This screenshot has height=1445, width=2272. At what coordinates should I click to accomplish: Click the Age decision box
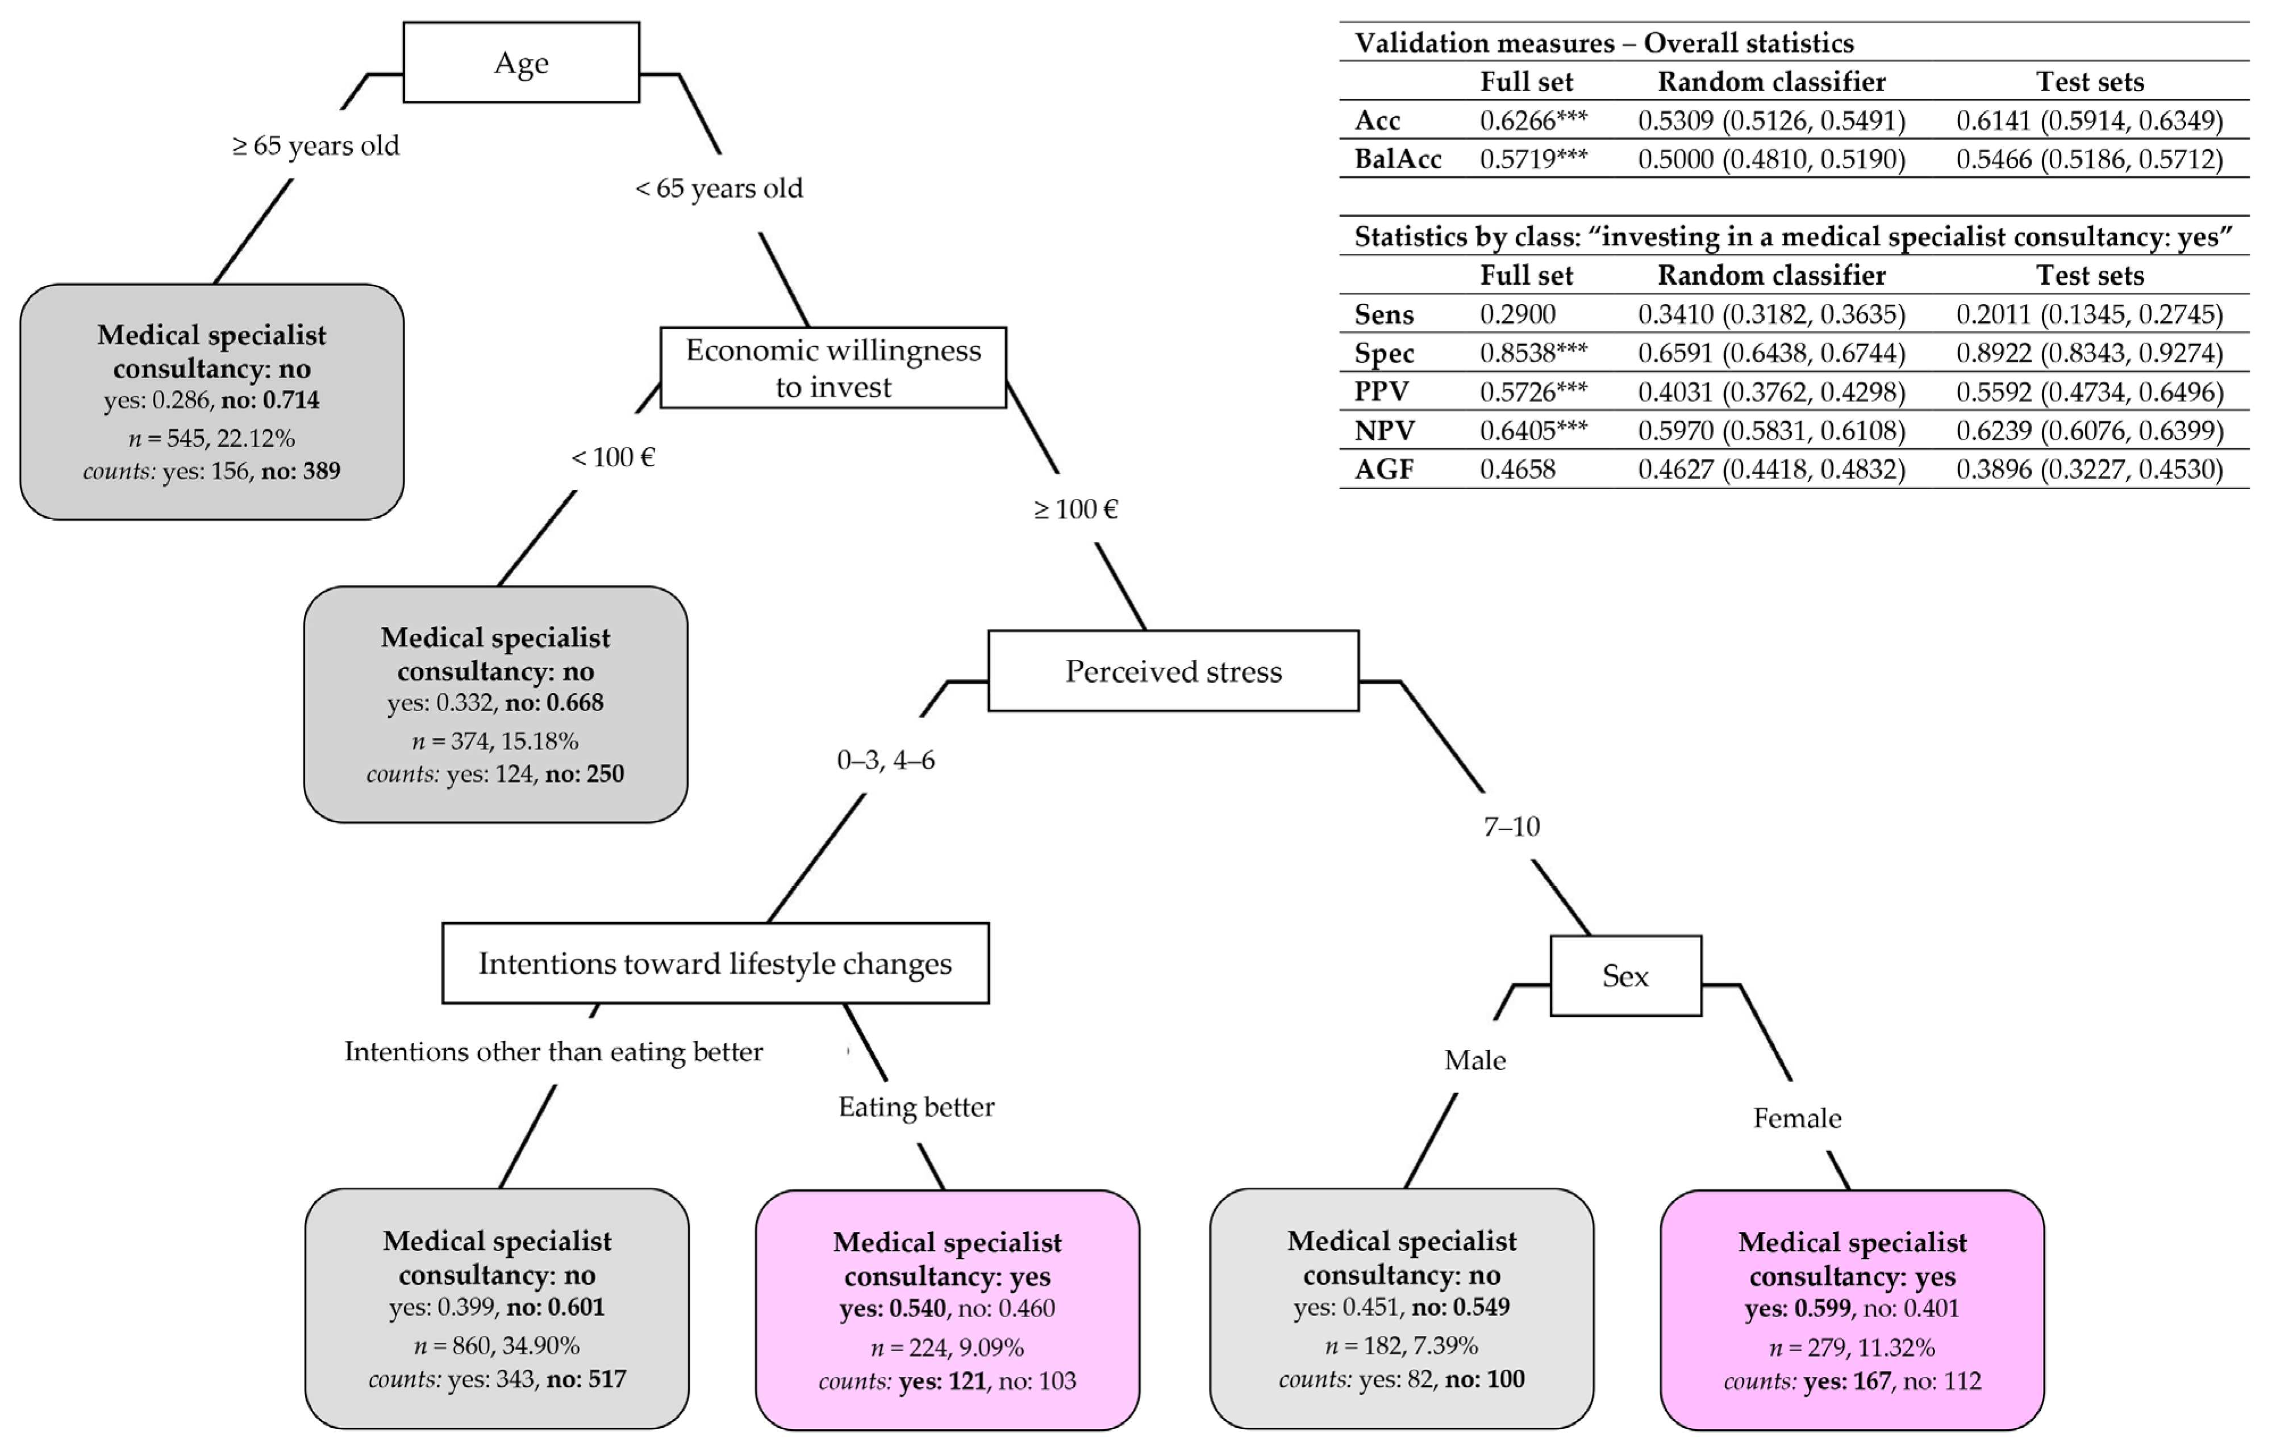[x=521, y=63]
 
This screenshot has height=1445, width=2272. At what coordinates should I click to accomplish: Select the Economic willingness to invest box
[x=833, y=368]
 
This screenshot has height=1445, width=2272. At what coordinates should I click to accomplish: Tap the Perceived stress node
[x=1173, y=671]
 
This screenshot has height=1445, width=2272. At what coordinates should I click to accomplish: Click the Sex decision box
[x=1625, y=976]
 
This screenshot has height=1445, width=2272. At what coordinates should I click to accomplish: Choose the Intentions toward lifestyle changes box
[x=715, y=964]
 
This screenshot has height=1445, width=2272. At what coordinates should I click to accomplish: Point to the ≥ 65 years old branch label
[x=316, y=146]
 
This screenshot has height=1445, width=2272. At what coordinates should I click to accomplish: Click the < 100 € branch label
[x=612, y=458]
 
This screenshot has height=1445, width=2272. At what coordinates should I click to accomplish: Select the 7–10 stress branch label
[x=1511, y=827]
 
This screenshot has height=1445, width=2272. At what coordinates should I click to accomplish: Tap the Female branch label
[x=1796, y=1119]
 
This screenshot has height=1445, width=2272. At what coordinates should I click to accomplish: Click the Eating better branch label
[x=916, y=1107]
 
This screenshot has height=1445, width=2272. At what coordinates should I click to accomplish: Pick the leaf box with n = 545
[x=212, y=402]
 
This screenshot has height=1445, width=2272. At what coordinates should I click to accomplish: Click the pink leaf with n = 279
[x=1852, y=1310]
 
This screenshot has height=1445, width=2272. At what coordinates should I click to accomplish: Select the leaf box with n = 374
[x=495, y=704]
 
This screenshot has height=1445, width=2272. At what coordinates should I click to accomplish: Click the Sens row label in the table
[x=1383, y=314]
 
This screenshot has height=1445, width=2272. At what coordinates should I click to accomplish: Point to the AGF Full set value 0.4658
[x=1517, y=469]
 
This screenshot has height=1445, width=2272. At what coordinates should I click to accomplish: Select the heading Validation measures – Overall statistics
[x=1603, y=43]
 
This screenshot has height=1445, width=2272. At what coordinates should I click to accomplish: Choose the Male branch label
[x=1475, y=1061]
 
